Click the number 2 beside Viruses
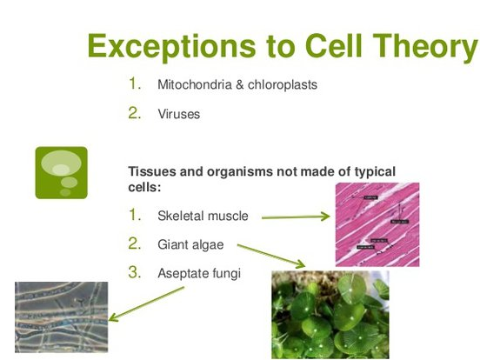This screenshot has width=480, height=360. tap(135, 114)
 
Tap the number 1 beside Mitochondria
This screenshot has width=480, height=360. tap(135, 84)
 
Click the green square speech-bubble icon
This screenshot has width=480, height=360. tap(61, 172)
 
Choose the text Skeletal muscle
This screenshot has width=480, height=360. tap(203, 216)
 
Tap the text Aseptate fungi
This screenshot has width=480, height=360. tap(198, 273)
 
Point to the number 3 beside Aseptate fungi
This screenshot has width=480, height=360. tap(135, 272)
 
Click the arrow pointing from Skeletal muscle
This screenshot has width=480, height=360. tap(295, 217)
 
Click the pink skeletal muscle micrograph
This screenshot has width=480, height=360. tap(377, 223)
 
